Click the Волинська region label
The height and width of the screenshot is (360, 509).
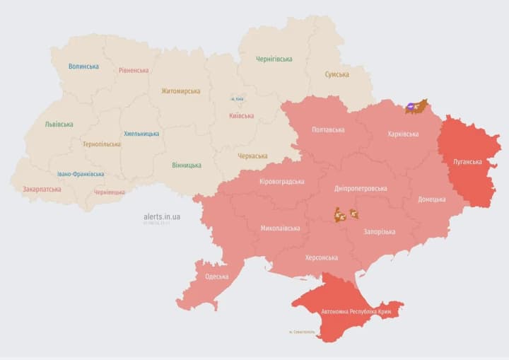point(83,66)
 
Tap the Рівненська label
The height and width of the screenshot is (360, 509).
point(134,71)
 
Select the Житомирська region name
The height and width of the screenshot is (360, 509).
point(180,91)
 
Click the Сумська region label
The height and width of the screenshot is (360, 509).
point(337,74)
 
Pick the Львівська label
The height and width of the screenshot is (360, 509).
point(59,124)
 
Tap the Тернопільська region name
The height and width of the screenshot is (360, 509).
point(101,144)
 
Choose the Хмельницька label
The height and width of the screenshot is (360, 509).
point(141,134)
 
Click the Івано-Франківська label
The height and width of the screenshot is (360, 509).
point(81,174)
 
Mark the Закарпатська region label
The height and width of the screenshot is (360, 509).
point(42,190)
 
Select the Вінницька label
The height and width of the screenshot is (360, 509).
point(186,166)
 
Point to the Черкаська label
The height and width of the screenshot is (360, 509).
point(252,156)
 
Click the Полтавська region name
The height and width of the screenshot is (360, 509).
point(328,130)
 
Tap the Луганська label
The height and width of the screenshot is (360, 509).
point(468,162)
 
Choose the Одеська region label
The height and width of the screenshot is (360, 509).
point(216,277)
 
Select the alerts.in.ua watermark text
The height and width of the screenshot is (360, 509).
point(162,216)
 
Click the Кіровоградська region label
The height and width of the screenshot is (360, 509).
point(282,182)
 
